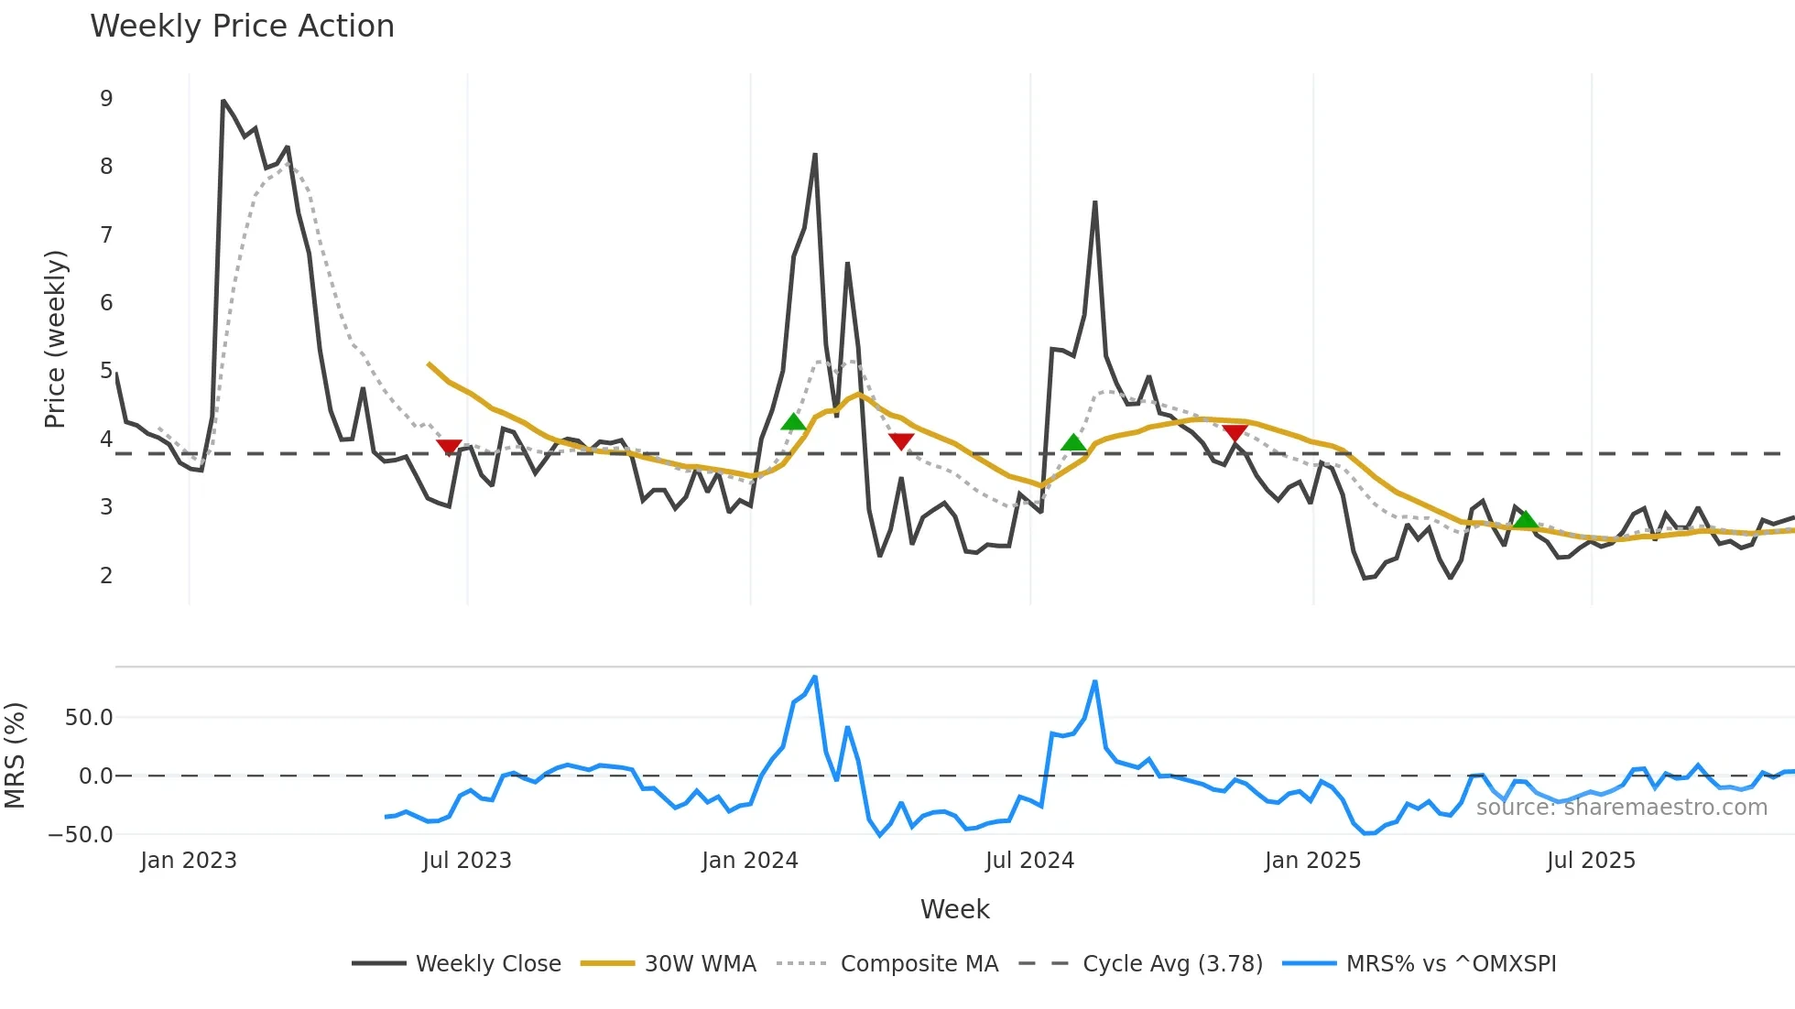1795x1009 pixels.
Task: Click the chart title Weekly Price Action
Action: [242, 27]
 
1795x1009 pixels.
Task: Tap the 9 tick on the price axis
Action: [106, 99]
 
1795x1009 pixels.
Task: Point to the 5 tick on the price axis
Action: [106, 371]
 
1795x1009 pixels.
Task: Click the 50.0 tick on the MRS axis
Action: [89, 718]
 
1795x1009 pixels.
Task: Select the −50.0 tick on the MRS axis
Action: [82, 835]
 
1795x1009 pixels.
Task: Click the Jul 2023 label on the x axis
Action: [467, 861]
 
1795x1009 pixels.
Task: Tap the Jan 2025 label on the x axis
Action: [1312, 861]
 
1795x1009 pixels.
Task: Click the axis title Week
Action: [954, 909]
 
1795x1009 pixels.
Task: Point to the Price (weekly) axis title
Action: [55, 339]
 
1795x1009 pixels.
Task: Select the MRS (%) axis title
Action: [16, 755]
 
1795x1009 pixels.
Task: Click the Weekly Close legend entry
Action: [487, 964]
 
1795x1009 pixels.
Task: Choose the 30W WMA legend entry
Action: [700, 964]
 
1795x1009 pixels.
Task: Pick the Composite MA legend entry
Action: [919, 964]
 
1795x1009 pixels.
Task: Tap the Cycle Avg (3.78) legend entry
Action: [1171, 964]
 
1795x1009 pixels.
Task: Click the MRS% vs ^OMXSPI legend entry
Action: [1451, 964]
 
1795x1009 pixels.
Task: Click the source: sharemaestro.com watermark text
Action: [1621, 808]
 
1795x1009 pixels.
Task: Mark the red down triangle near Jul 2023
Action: [449, 447]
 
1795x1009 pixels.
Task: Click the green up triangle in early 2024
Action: [793, 422]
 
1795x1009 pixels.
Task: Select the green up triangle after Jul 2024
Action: [1073, 443]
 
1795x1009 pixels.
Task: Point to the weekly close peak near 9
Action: [223, 101]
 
